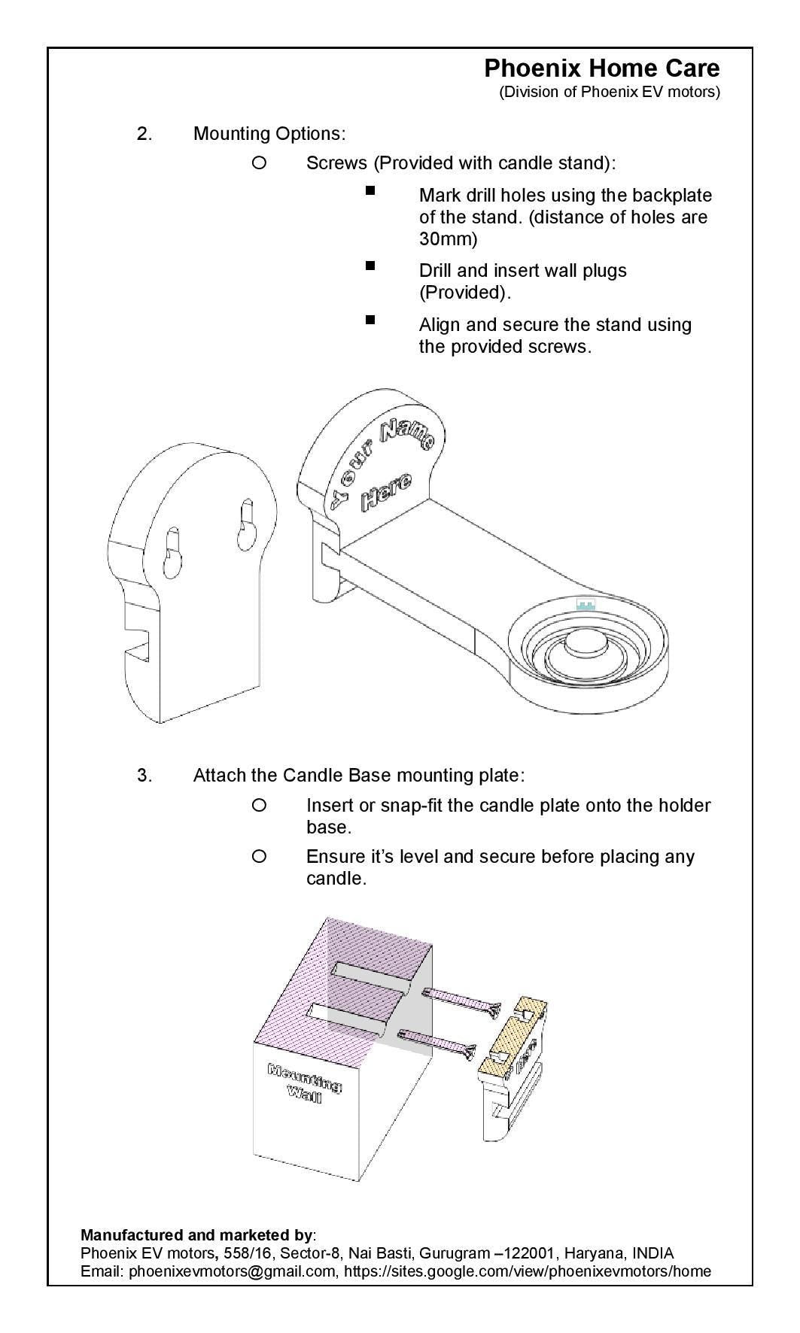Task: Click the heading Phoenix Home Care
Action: (601, 68)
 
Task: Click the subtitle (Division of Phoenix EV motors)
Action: (609, 93)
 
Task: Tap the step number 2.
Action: (144, 134)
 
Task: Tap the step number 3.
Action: (144, 776)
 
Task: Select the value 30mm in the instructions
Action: (448, 240)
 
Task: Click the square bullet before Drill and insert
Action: (370, 266)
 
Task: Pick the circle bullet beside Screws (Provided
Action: (259, 162)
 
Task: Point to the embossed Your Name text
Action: (380, 461)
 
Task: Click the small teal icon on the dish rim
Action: (586, 604)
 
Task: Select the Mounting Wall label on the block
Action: (305, 1081)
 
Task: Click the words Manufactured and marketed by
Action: (196, 1235)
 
